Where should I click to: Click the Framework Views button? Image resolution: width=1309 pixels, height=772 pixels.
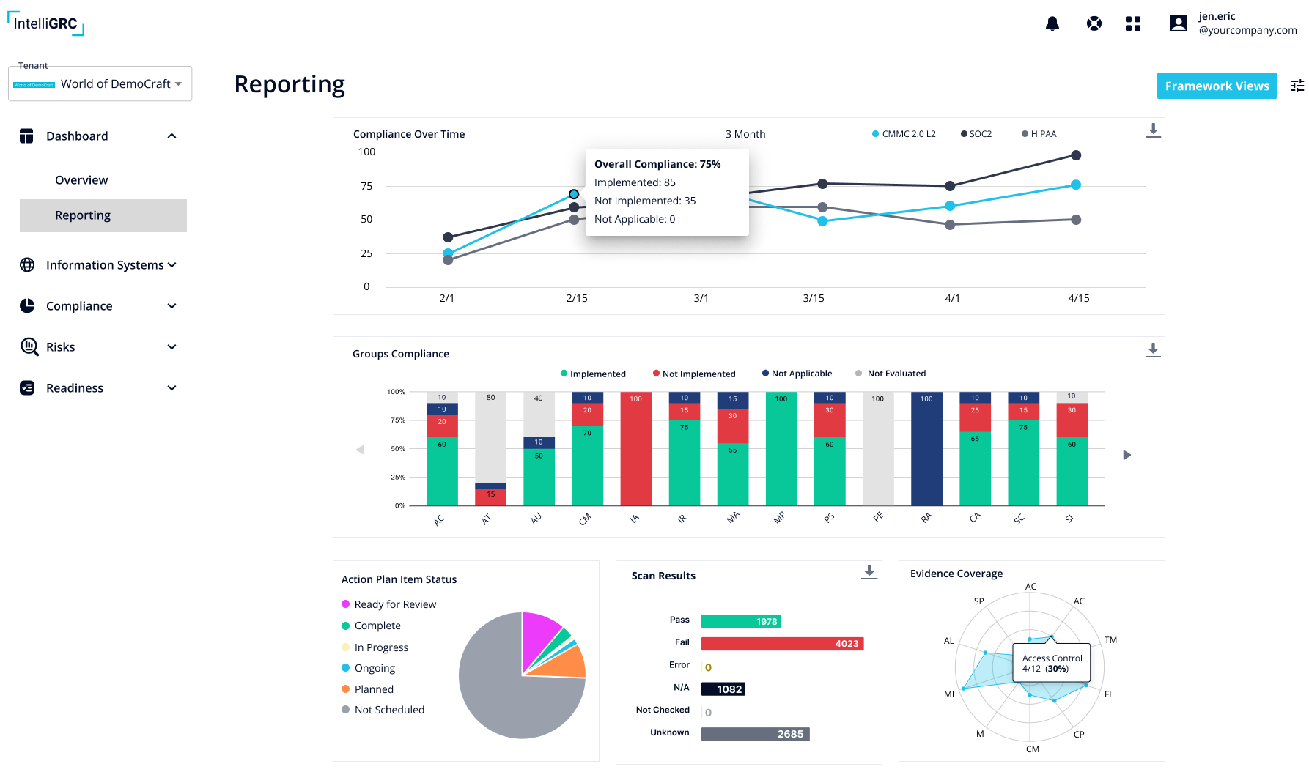tap(1216, 86)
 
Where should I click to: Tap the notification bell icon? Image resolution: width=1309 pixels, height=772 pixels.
tap(1052, 23)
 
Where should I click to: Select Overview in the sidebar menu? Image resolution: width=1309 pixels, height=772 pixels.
tap(81, 180)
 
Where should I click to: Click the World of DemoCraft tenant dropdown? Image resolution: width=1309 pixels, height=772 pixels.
tap(100, 84)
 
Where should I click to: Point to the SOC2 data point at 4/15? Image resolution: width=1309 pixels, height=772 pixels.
tap(1075, 155)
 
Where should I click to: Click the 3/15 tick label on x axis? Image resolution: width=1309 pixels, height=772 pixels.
tap(813, 298)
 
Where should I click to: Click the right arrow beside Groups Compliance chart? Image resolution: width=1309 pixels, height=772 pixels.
tap(1127, 455)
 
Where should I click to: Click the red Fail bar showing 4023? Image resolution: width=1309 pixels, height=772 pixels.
tap(782, 644)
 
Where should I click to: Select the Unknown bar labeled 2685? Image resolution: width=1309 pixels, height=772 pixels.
tap(755, 734)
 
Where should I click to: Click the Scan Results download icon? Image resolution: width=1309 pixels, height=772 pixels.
tap(869, 572)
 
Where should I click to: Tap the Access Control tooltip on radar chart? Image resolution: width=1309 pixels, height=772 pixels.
tap(1051, 663)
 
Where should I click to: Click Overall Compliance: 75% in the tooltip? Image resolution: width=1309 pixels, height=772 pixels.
tap(657, 164)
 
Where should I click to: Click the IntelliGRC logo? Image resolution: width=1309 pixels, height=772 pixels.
tap(45, 23)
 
